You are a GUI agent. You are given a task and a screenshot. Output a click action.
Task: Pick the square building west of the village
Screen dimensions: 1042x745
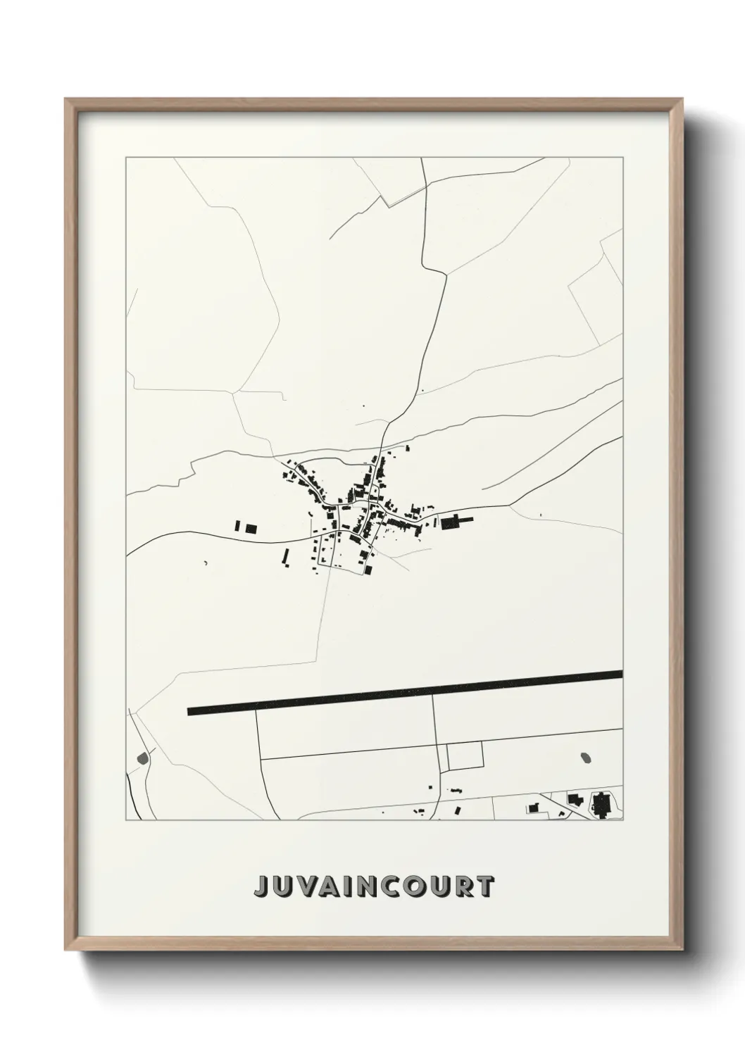click(x=251, y=527)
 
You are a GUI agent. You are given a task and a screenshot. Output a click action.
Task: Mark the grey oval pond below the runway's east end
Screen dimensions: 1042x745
click(x=586, y=758)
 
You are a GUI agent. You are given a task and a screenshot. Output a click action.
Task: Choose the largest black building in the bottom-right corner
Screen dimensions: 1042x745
click(x=602, y=804)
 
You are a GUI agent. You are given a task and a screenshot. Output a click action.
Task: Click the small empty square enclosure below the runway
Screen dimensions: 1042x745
click(x=465, y=755)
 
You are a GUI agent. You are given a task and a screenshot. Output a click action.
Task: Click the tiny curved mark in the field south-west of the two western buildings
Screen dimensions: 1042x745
click(x=206, y=562)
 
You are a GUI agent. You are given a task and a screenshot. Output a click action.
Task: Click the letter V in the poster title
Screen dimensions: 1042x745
click(x=311, y=886)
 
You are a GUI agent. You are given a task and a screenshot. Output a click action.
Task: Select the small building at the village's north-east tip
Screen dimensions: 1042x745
click(x=406, y=448)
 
